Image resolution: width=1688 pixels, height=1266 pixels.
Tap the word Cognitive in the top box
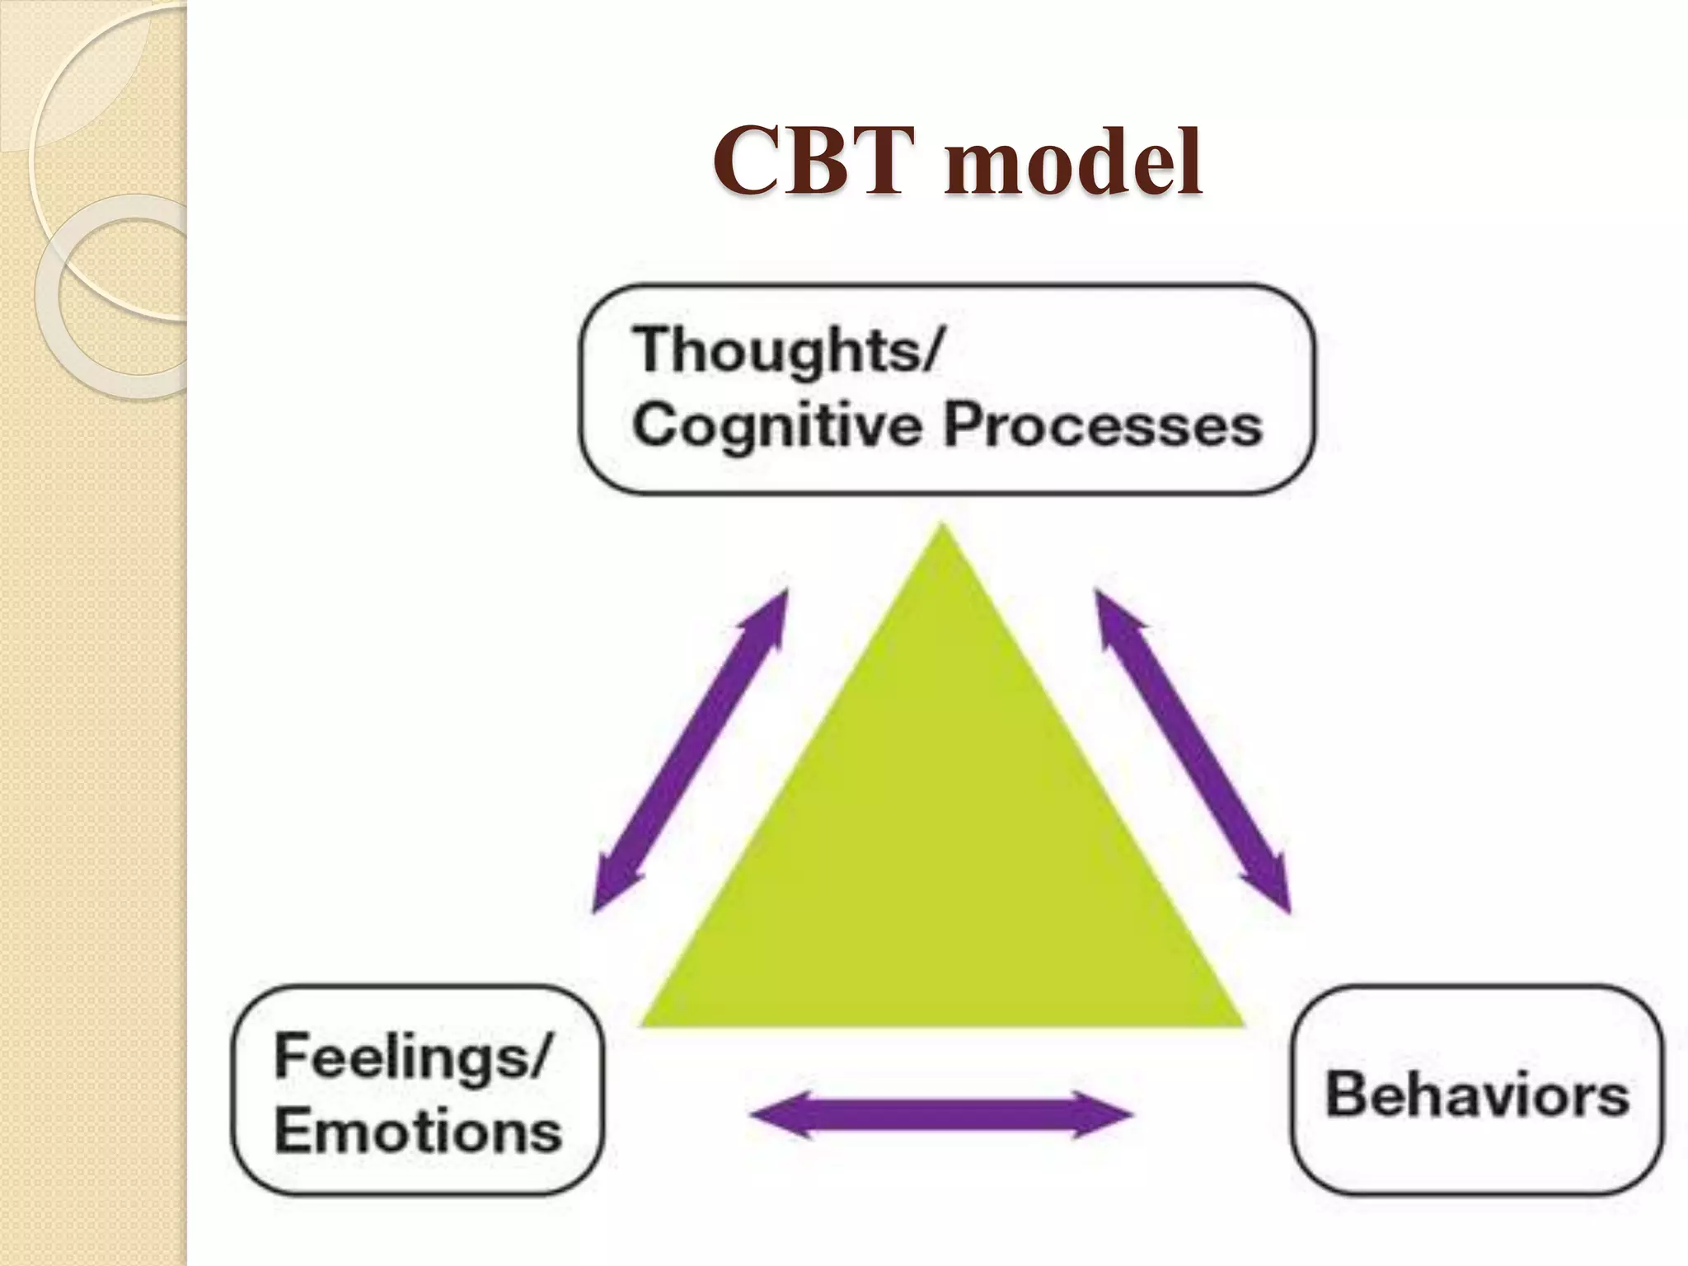[x=776, y=427]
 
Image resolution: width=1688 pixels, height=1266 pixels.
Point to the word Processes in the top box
[x=1102, y=425]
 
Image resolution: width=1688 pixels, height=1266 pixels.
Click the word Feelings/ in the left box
[x=410, y=1057]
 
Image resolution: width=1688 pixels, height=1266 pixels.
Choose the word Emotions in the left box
[x=418, y=1130]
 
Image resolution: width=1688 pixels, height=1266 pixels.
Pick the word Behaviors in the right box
[x=1476, y=1095]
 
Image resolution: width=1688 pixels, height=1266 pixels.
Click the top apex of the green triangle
[x=943, y=527]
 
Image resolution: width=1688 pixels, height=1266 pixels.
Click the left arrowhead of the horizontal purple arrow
[x=775, y=1115]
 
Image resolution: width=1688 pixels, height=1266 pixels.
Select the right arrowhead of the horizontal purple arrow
[x=1109, y=1115]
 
